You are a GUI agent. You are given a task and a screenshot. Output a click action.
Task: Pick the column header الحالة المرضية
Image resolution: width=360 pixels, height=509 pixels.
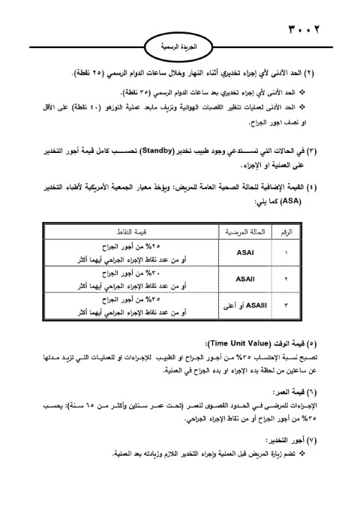(x=243, y=233)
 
